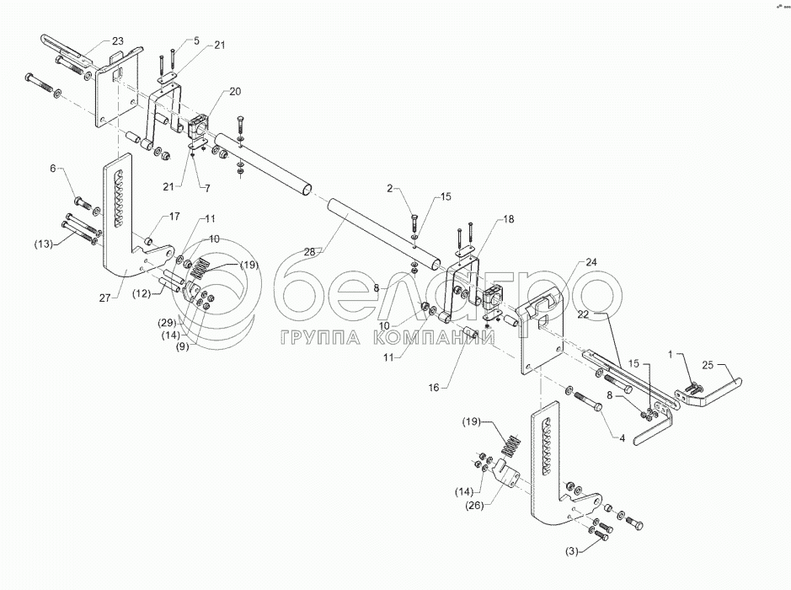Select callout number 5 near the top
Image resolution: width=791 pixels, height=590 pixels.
tap(196, 40)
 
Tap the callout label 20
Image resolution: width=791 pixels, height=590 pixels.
tap(211, 90)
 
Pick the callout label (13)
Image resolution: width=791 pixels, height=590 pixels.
tap(44, 245)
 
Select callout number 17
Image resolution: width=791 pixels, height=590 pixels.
tap(174, 217)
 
